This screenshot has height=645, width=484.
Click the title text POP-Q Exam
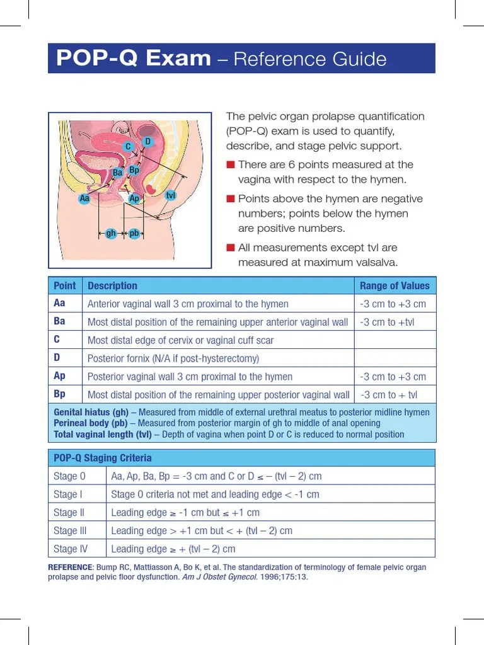[133, 59]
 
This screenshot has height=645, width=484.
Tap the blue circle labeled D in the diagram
[147, 142]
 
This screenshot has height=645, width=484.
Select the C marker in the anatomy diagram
[128, 147]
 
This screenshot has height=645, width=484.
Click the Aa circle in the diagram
[85, 198]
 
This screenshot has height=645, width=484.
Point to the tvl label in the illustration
[170, 196]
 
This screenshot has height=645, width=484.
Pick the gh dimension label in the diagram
[111, 234]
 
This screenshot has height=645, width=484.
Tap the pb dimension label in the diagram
[134, 234]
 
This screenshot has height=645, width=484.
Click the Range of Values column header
[395, 285]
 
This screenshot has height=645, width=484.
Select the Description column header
[112, 285]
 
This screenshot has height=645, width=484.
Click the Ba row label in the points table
[60, 321]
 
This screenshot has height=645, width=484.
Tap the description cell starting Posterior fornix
[173, 358]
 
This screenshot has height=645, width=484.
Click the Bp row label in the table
[60, 394]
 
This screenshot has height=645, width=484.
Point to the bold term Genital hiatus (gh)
[91, 413]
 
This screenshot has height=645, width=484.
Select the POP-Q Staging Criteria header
[102, 458]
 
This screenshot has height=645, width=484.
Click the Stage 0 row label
[69, 476]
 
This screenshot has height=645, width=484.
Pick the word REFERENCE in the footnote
[70, 568]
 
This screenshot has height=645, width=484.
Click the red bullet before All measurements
[230, 248]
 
